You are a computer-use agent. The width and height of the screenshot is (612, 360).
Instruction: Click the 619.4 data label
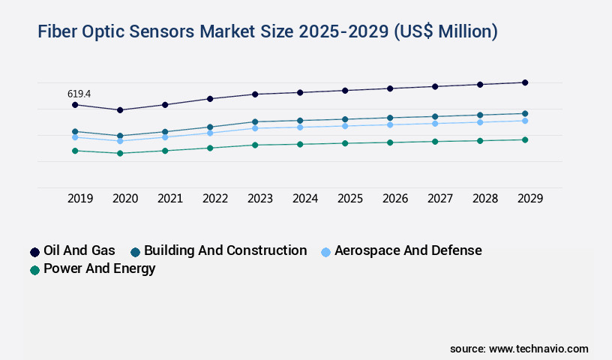[79, 94]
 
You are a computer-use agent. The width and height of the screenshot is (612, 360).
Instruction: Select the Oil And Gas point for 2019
[75, 105]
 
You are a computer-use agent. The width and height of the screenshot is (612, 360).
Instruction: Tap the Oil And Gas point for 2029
[525, 82]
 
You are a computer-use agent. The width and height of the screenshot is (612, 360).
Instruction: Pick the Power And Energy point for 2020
[120, 153]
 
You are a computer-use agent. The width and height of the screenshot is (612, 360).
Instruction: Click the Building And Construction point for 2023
[255, 121]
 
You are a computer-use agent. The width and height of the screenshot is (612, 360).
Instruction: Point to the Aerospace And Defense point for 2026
[390, 124]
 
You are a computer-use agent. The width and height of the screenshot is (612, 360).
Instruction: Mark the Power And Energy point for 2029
[525, 139]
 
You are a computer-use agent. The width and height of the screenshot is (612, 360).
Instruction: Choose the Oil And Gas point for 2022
[210, 98]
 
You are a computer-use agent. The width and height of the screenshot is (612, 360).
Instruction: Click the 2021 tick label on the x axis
[170, 199]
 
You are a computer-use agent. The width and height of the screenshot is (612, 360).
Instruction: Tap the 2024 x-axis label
[305, 199]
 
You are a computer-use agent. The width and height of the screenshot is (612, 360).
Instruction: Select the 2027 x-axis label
[440, 199]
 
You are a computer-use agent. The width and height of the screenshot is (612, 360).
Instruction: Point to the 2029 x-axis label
[530, 199]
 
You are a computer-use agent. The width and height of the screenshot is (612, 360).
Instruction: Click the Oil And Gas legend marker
[34, 252]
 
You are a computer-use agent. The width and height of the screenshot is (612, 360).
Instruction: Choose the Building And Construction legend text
[225, 250]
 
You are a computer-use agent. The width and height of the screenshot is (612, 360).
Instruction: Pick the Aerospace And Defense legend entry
[408, 250]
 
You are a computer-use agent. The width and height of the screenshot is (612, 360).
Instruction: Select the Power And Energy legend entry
[100, 268]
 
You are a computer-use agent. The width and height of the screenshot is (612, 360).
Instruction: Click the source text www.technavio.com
[538, 349]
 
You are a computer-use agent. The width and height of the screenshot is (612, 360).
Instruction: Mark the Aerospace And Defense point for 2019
[75, 137]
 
